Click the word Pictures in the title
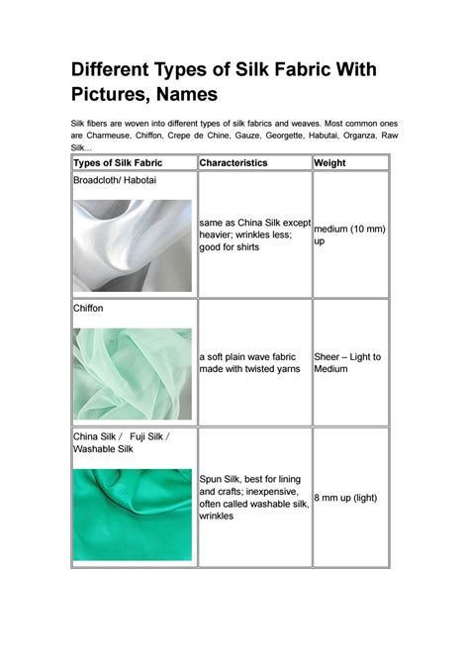(x=110, y=95)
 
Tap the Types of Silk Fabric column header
(x=118, y=162)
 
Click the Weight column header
(x=331, y=162)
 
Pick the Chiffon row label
(x=89, y=309)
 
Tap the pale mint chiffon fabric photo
(x=132, y=373)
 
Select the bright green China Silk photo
(x=132, y=514)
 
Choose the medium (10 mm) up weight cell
(x=348, y=235)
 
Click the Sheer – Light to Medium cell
(x=347, y=362)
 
